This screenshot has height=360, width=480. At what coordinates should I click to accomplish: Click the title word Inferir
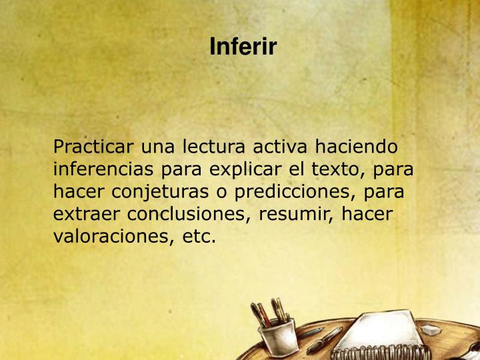pyautogui.click(x=243, y=47)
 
